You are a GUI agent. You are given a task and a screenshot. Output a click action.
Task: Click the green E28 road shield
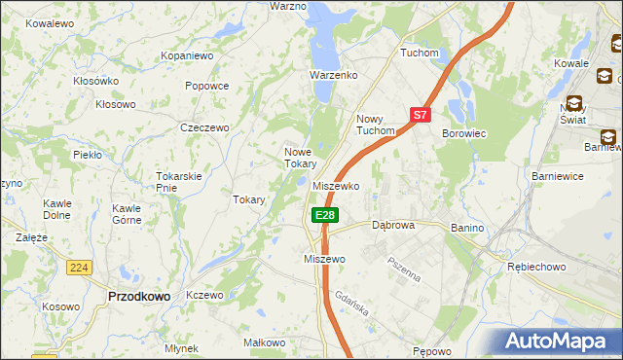pos(325,215)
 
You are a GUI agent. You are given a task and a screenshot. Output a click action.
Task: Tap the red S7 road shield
pos(420,114)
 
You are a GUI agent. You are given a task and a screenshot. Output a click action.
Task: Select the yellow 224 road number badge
pos(80,267)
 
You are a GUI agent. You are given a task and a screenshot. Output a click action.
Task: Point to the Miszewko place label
pos(337,186)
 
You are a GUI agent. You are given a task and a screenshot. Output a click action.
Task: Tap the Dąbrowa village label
pos(393,225)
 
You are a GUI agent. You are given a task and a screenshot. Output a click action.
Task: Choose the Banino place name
pos(467,227)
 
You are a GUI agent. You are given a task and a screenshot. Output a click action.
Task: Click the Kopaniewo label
pos(187,56)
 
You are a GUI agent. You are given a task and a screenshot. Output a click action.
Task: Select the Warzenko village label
pos(334,75)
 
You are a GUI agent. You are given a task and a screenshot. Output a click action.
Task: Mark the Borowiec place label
pos(464,132)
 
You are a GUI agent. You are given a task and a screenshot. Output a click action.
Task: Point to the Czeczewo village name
pos(204,127)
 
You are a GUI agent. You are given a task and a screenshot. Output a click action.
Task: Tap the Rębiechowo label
pos(533,266)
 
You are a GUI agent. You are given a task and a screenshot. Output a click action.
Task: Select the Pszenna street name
pos(403,269)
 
